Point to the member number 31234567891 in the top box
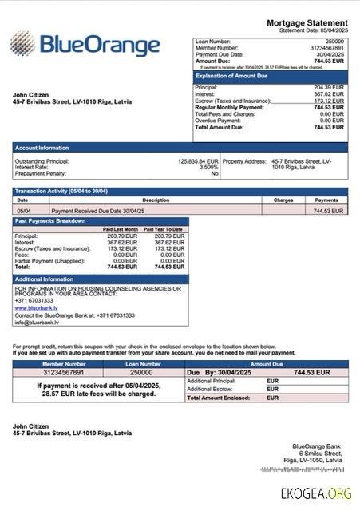tap(326, 47)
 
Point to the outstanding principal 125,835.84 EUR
tap(197, 161)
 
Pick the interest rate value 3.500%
tap(208, 168)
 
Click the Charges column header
tap(283, 200)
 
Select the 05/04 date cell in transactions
tap(24, 211)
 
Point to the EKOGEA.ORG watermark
tap(315, 493)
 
